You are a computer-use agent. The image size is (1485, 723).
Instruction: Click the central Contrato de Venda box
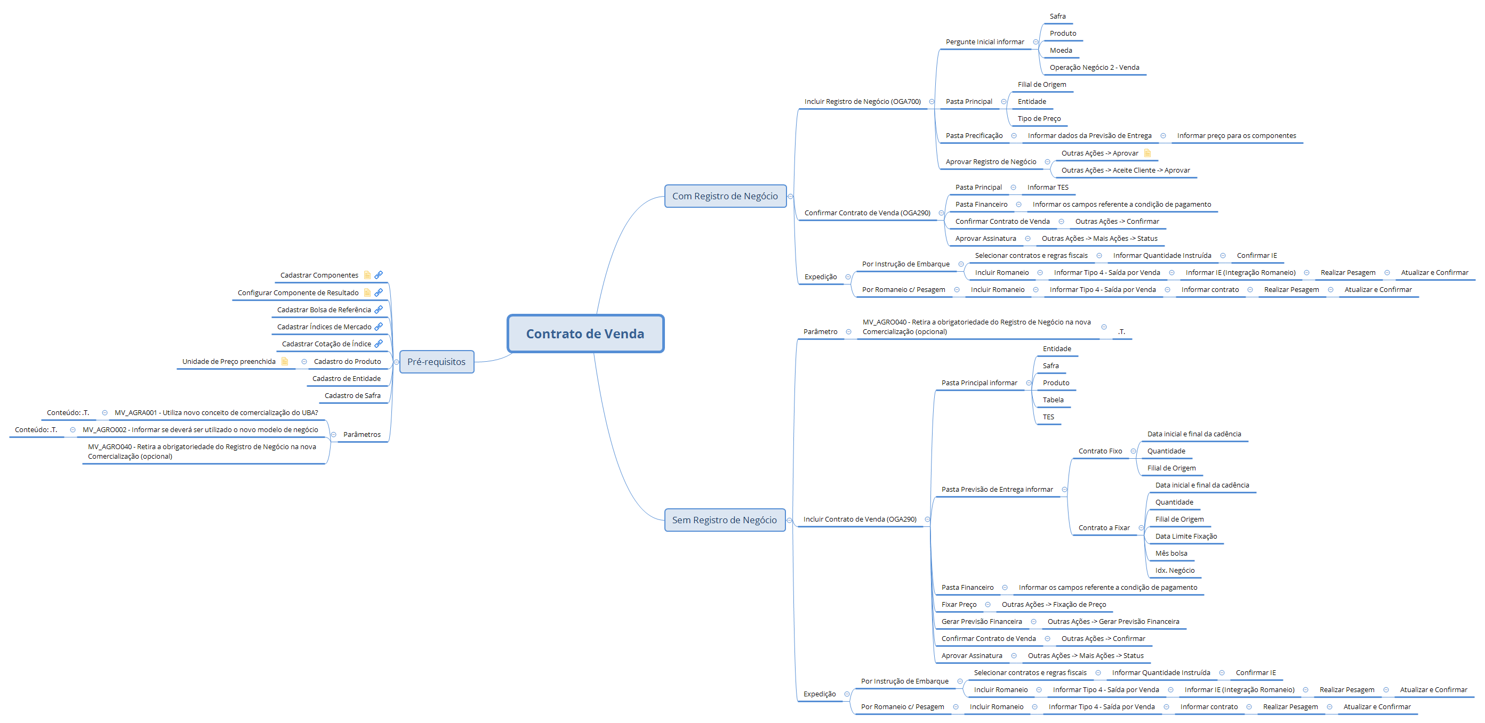click(585, 334)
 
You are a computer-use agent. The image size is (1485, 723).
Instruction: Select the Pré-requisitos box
click(436, 362)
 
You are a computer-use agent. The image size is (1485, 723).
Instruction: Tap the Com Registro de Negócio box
click(725, 196)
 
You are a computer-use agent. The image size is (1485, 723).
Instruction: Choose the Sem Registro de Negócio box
click(724, 519)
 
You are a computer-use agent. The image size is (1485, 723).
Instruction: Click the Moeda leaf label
click(1061, 51)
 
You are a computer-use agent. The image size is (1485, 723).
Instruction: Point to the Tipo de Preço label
click(1039, 119)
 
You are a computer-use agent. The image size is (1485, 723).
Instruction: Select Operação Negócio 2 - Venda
click(1094, 68)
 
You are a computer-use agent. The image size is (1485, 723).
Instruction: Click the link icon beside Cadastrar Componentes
click(379, 275)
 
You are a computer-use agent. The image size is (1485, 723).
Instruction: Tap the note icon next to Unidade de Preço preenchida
click(284, 361)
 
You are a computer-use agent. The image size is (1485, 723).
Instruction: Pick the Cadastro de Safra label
click(352, 396)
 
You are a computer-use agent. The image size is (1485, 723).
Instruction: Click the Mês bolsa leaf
click(1171, 554)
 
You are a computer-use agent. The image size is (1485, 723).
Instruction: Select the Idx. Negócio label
click(1175, 570)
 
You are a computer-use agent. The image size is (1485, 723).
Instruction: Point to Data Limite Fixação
click(1186, 537)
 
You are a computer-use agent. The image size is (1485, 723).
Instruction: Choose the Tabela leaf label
click(1053, 400)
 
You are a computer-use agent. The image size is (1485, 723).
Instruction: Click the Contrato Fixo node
click(1100, 451)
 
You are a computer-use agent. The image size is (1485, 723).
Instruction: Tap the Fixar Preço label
click(959, 604)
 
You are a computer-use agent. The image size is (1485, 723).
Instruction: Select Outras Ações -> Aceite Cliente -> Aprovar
click(1125, 170)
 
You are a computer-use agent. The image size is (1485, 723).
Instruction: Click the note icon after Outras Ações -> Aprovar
click(1147, 153)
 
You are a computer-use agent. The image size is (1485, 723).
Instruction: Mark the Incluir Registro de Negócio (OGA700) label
click(862, 102)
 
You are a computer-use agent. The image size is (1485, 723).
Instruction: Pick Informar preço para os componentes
click(1236, 136)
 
